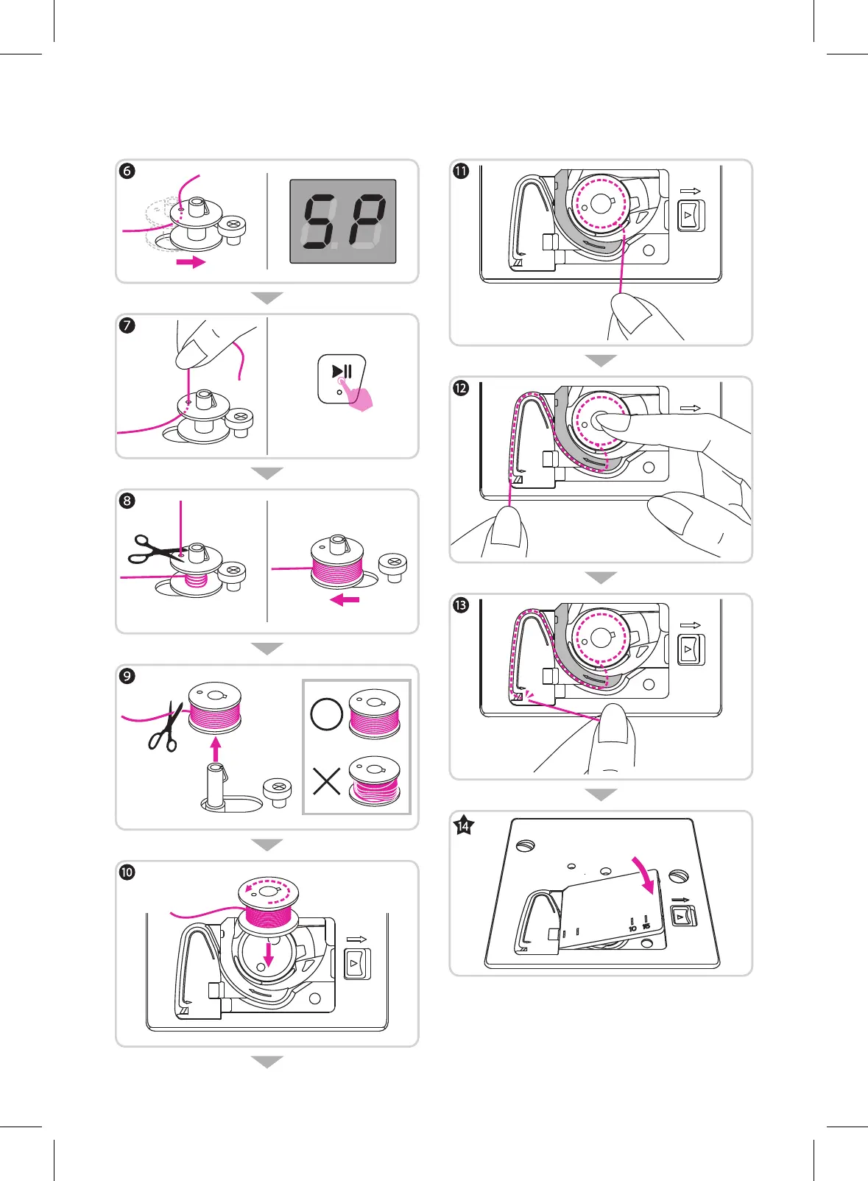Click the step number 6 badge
[127, 171]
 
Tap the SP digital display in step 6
[343, 221]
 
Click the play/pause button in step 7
[342, 378]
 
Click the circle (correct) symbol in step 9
[326, 713]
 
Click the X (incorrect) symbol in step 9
[326, 781]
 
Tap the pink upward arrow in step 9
[215, 750]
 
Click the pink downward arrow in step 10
[269, 954]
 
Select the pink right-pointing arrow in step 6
[191, 262]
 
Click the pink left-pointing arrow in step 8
[345, 600]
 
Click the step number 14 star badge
[463, 825]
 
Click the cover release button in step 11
[690, 216]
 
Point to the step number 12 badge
[461, 388]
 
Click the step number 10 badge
[127, 872]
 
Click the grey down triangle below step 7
[267, 473]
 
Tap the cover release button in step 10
[357, 964]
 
